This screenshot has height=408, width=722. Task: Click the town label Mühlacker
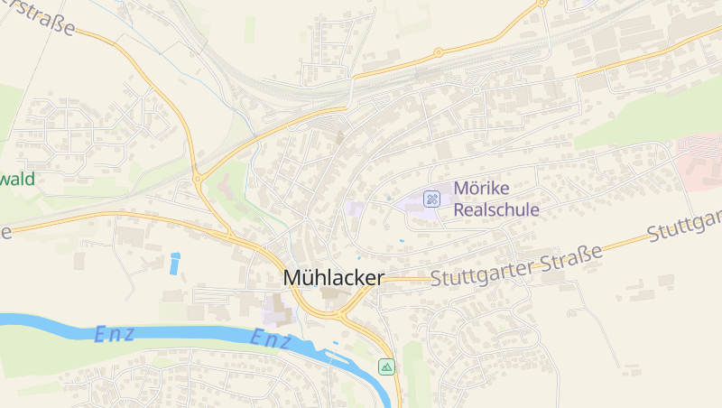(333, 278)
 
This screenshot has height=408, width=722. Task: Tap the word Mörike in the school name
(481, 189)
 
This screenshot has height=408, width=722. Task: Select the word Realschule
(495, 209)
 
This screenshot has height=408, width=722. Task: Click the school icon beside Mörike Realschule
(433, 199)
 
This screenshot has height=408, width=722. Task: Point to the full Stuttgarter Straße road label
(516, 269)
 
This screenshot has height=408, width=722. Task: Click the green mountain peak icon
(386, 366)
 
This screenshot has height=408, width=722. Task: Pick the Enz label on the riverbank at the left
(114, 334)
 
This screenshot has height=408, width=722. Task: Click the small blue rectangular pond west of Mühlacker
(174, 263)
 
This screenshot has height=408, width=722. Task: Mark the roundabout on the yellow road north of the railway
(439, 52)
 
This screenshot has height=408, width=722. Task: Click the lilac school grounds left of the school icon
(355, 209)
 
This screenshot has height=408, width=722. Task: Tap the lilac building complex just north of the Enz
(278, 311)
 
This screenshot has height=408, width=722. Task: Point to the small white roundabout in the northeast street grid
(476, 90)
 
